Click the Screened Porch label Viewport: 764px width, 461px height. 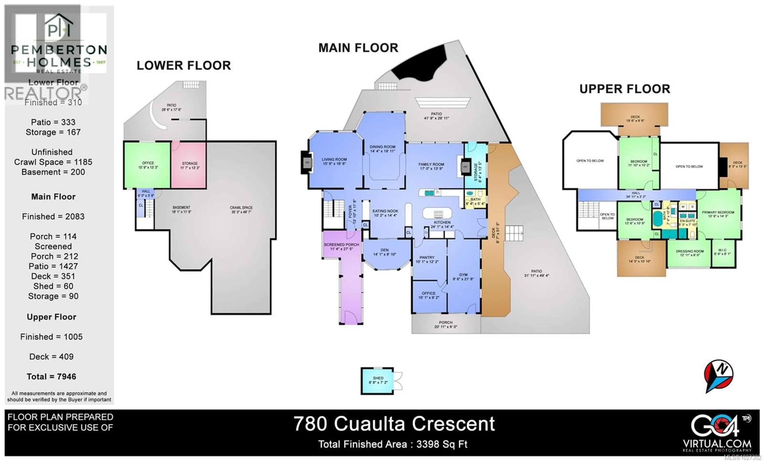tap(341, 245)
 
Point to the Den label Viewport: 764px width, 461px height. tap(384, 250)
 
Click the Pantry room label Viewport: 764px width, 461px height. tap(427, 258)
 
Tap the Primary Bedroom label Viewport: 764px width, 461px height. tap(718, 213)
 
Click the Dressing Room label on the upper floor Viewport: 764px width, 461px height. tap(690, 251)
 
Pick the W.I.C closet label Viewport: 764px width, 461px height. tap(722, 250)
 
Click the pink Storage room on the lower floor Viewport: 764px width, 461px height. tap(189, 165)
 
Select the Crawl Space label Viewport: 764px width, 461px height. tap(241, 208)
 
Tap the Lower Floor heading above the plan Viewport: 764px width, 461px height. tap(184, 65)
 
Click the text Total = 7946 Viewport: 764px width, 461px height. tap(52, 377)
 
